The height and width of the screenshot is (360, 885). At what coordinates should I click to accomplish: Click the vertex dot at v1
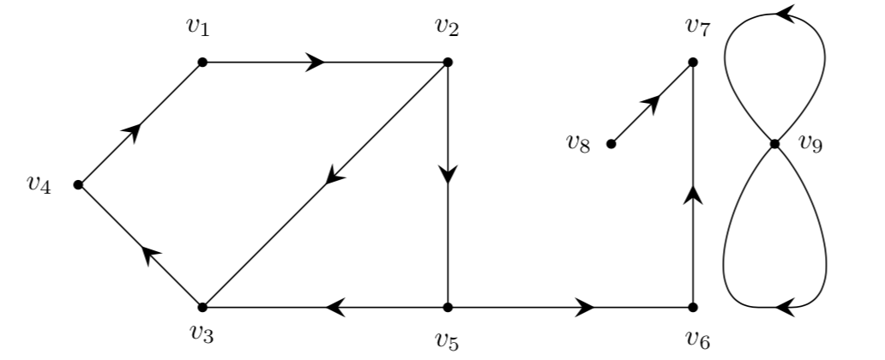pyautogui.click(x=202, y=62)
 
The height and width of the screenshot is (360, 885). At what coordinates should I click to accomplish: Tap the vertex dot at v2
pyautogui.click(x=448, y=62)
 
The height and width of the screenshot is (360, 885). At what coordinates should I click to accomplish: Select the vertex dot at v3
pyautogui.click(x=202, y=307)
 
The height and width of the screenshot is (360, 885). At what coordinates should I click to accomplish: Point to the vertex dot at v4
pyautogui.click(x=79, y=184)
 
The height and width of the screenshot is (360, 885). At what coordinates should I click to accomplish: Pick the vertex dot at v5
pyautogui.click(x=448, y=307)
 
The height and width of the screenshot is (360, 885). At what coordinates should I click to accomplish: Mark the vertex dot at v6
pyautogui.click(x=693, y=307)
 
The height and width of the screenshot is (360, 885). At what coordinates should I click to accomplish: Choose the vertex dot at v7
pyautogui.click(x=693, y=62)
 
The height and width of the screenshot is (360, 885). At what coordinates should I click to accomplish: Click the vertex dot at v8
pyautogui.click(x=611, y=144)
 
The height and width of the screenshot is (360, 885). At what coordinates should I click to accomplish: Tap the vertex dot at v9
pyautogui.click(x=774, y=144)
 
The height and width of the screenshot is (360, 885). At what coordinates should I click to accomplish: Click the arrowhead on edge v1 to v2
pyautogui.click(x=316, y=62)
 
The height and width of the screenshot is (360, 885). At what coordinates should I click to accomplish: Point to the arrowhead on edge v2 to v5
pyautogui.click(x=448, y=174)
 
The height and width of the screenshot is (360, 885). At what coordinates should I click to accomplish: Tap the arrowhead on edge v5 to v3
pyautogui.click(x=336, y=307)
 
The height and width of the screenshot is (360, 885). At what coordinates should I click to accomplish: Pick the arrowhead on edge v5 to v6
pyautogui.click(x=586, y=307)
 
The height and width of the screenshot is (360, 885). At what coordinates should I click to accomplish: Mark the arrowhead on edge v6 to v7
pyautogui.click(x=693, y=196)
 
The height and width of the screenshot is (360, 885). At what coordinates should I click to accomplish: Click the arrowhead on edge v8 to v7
pyautogui.click(x=651, y=104)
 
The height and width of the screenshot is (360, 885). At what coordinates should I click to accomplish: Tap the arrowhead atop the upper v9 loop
pyautogui.click(x=784, y=13)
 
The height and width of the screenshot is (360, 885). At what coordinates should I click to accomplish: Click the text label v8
pyautogui.click(x=578, y=142)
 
